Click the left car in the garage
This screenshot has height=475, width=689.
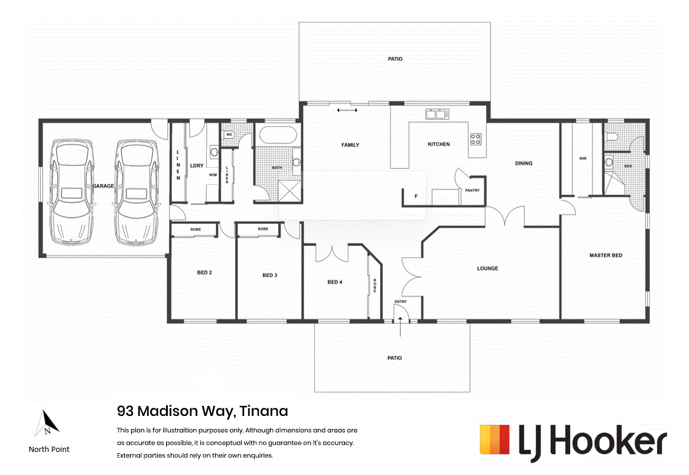pyautogui.click(x=72, y=192)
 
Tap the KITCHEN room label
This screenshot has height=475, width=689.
pyautogui.click(x=439, y=144)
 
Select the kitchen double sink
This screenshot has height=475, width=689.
pyautogui.click(x=436, y=115)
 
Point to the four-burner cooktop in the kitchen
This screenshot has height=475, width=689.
pyautogui.click(x=476, y=140)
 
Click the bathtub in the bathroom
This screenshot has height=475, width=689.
pyautogui.click(x=277, y=135)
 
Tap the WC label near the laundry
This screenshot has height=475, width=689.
pyautogui.click(x=229, y=135)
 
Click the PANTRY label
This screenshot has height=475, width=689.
pyautogui.click(x=472, y=190)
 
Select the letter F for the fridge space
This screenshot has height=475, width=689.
pyautogui.click(x=417, y=196)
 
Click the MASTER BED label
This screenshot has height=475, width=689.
pyautogui.click(x=606, y=255)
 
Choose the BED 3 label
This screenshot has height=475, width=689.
pyautogui.click(x=269, y=275)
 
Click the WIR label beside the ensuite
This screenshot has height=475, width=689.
pyautogui.click(x=583, y=158)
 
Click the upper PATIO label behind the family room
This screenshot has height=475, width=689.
pyautogui.click(x=395, y=59)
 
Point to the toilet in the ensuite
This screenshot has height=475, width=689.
pyautogui.click(x=612, y=137)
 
